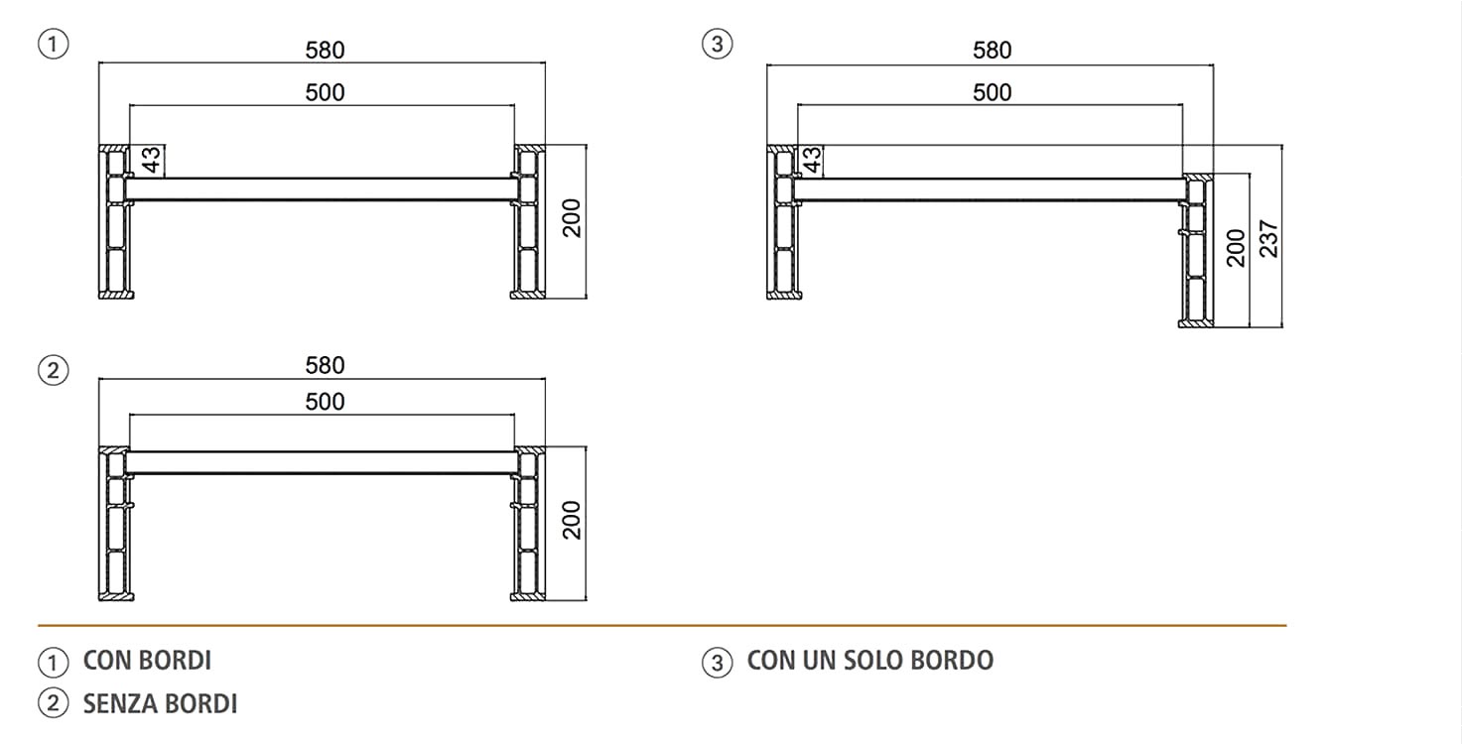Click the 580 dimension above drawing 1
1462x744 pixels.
point(325,51)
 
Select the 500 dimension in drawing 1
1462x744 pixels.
point(325,92)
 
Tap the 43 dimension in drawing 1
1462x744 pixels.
point(151,160)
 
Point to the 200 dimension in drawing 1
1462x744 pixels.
point(571,218)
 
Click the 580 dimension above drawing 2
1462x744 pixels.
point(325,365)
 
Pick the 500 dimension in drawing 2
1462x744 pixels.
point(325,402)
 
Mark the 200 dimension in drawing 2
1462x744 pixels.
point(571,520)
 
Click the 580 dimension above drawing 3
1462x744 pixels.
point(993,51)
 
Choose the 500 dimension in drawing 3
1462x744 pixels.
point(993,92)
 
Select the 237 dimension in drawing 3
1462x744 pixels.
point(1268,239)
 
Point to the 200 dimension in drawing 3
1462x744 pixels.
point(1236,248)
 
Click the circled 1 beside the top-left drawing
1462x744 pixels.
point(54,45)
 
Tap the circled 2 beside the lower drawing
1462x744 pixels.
point(54,370)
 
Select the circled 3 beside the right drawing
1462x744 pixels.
point(718,45)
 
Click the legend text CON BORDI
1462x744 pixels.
point(147,661)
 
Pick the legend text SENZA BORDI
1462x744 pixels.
point(160,703)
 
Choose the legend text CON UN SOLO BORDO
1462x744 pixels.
point(870,661)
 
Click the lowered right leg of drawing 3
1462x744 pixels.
point(1196,250)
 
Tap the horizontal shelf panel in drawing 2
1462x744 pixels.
point(322,462)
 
